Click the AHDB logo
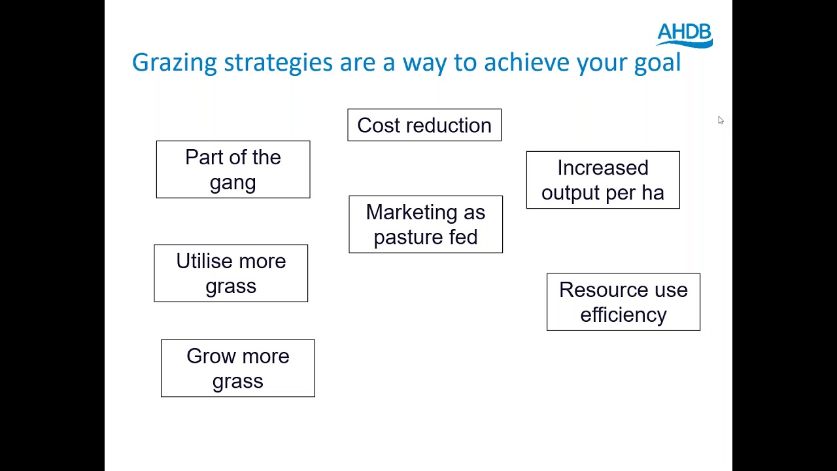click(x=684, y=35)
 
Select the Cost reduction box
click(x=424, y=125)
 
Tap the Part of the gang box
click(x=233, y=169)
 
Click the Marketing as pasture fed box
click(x=426, y=224)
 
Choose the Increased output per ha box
click(x=603, y=180)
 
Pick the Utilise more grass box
click(x=231, y=273)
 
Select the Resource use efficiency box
click(x=623, y=302)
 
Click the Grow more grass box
click(x=238, y=368)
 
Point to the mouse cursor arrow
click(x=720, y=120)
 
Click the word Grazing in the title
click(x=174, y=63)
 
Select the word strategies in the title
click(x=278, y=63)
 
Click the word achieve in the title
click(x=526, y=63)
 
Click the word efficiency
click(x=623, y=315)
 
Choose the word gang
click(x=233, y=183)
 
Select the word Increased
click(x=603, y=167)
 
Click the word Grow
click(x=210, y=356)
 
